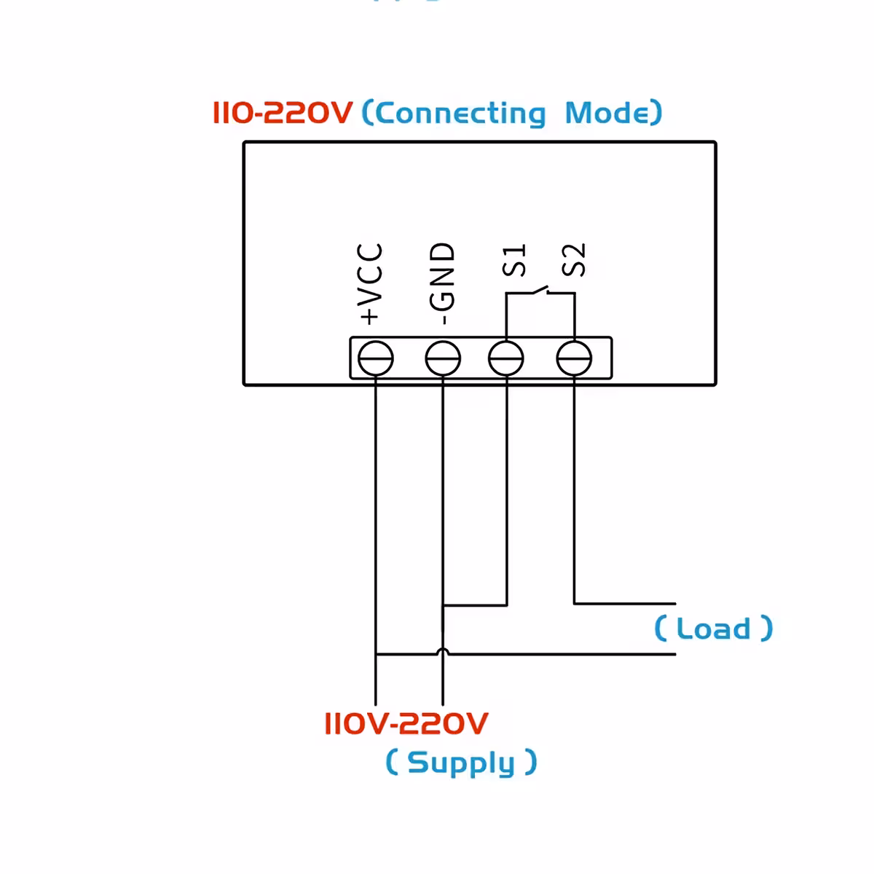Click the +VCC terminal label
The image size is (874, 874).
(x=371, y=284)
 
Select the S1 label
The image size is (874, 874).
(x=514, y=261)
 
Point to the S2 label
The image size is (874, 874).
(x=574, y=261)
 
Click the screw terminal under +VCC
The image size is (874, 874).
(x=376, y=358)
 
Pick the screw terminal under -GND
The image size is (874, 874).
(x=443, y=358)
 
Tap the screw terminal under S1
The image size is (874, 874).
(x=506, y=358)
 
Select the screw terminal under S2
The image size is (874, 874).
(x=574, y=358)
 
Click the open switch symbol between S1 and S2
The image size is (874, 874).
(x=540, y=292)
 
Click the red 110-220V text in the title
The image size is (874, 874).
(x=283, y=113)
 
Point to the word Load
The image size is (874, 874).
(x=713, y=629)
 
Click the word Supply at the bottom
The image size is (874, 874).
(x=460, y=763)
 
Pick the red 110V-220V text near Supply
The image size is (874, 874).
(x=406, y=723)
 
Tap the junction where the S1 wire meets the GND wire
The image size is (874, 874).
(x=443, y=605)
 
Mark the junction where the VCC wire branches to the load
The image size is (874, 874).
(x=376, y=654)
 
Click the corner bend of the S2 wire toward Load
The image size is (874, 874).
(x=575, y=603)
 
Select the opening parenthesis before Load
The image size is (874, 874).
(x=660, y=628)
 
